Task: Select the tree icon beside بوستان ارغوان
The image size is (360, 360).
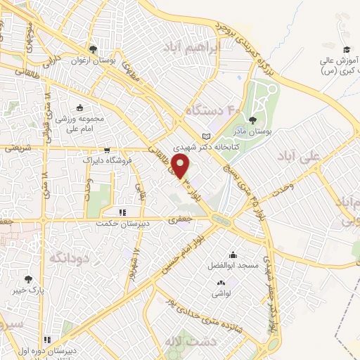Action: click(x=93, y=49)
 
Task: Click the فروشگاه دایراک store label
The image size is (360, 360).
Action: click(x=106, y=161)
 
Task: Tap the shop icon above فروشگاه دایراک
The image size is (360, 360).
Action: click(x=106, y=150)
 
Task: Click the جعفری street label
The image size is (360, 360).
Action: click(x=176, y=219)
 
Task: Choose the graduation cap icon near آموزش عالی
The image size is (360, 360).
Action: click(x=346, y=49)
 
